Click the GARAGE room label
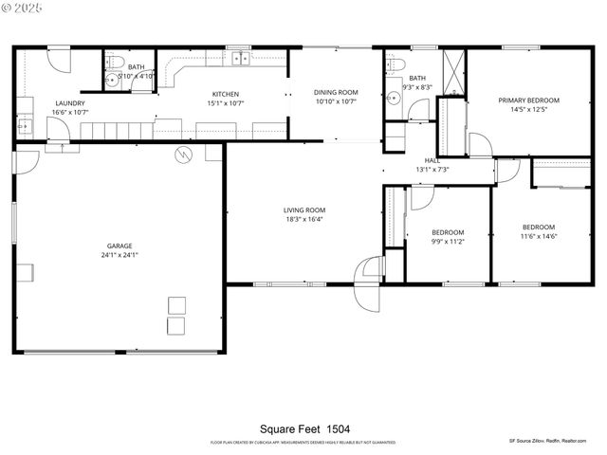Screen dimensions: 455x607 pyautogui.click(x=119, y=246)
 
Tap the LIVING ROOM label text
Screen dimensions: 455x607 pyautogui.click(x=304, y=210)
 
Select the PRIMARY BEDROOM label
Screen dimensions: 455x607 pyautogui.click(x=528, y=100)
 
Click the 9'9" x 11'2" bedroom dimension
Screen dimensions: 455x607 pyautogui.click(x=448, y=242)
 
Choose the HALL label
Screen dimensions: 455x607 pyautogui.click(x=432, y=160)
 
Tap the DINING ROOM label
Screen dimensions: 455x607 pyautogui.click(x=335, y=92)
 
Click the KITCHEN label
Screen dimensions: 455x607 pyautogui.click(x=225, y=93)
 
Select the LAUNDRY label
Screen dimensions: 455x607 pyautogui.click(x=70, y=103)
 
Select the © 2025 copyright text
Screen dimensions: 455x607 pyautogui.click(x=23, y=8)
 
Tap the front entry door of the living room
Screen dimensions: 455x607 pyautogui.click(x=365, y=284)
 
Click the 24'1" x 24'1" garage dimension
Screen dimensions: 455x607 pyautogui.click(x=119, y=255)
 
